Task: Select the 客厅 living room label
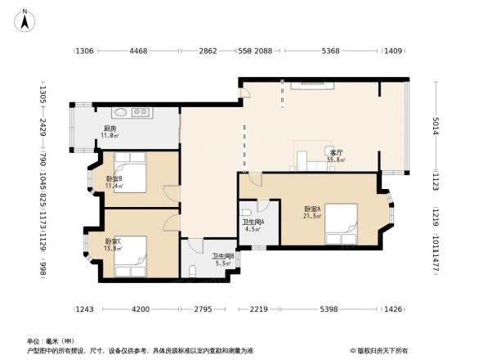tap(335, 153)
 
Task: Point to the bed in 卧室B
tap(128, 173)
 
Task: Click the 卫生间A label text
tap(252, 222)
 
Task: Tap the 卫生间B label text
tap(223, 256)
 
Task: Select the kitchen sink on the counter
tap(119, 113)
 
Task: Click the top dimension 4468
tap(138, 52)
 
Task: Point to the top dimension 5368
tap(330, 52)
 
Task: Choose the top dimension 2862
tap(208, 52)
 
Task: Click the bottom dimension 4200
tap(141, 309)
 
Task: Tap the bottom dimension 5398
tap(328, 309)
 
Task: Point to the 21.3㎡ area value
tap(311, 215)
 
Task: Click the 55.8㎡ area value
tap(336, 160)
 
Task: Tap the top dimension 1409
tap(393, 52)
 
